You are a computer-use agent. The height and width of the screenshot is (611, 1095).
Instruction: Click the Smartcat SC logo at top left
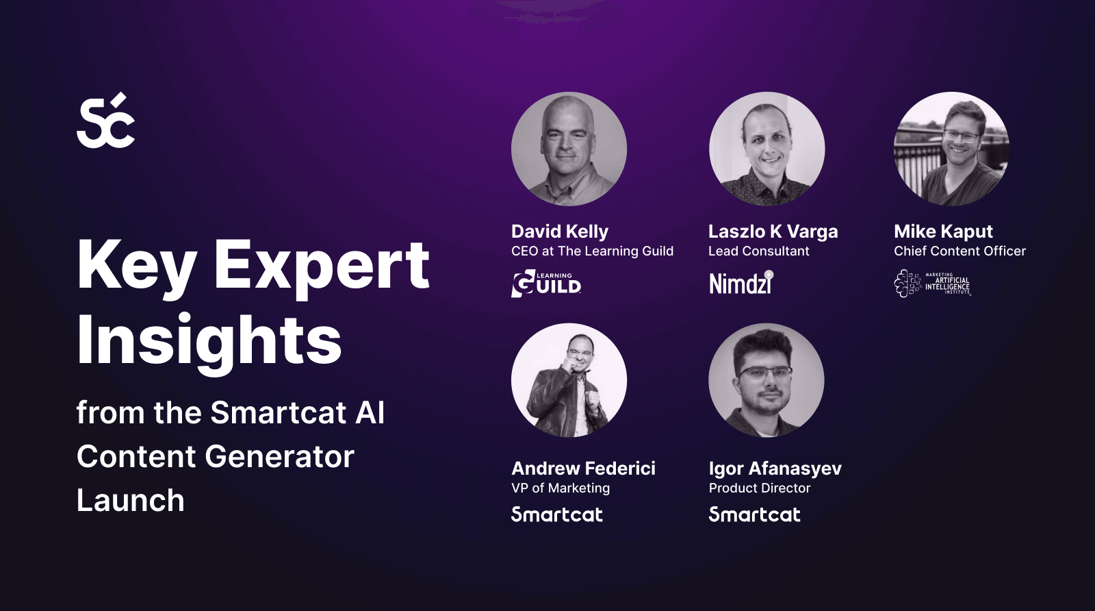[105, 121]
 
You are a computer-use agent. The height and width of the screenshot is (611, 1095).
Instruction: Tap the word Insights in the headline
[209, 340]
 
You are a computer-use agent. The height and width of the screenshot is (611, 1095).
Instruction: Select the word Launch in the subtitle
[131, 501]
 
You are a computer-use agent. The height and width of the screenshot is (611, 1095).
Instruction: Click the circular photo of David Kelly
[569, 149]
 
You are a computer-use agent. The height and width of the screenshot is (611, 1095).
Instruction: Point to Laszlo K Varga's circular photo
[766, 149]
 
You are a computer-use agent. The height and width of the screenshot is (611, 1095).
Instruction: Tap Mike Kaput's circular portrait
[951, 149]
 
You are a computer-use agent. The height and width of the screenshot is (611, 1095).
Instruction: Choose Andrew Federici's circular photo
[569, 380]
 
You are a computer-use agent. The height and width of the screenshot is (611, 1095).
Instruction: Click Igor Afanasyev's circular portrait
[766, 380]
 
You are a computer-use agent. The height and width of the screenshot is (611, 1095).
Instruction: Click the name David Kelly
[560, 232]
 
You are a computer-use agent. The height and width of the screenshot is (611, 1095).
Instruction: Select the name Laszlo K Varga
[773, 232]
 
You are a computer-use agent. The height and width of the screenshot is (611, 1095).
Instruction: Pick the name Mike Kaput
[943, 232]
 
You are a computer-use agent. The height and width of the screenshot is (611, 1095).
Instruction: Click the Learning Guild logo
[546, 284]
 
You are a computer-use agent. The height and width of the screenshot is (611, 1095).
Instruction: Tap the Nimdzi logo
[741, 283]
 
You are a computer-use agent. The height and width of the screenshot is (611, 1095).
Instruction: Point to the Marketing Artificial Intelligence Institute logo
[932, 284]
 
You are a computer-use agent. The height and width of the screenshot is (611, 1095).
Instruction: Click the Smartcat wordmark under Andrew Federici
[557, 514]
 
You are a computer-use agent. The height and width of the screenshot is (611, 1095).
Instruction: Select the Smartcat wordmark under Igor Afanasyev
[754, 514]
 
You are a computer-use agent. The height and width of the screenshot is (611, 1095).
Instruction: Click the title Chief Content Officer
[959, 251]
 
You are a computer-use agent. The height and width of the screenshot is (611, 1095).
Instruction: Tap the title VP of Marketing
[561, 488]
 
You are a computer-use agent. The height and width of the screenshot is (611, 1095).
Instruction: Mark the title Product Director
[760, 488]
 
